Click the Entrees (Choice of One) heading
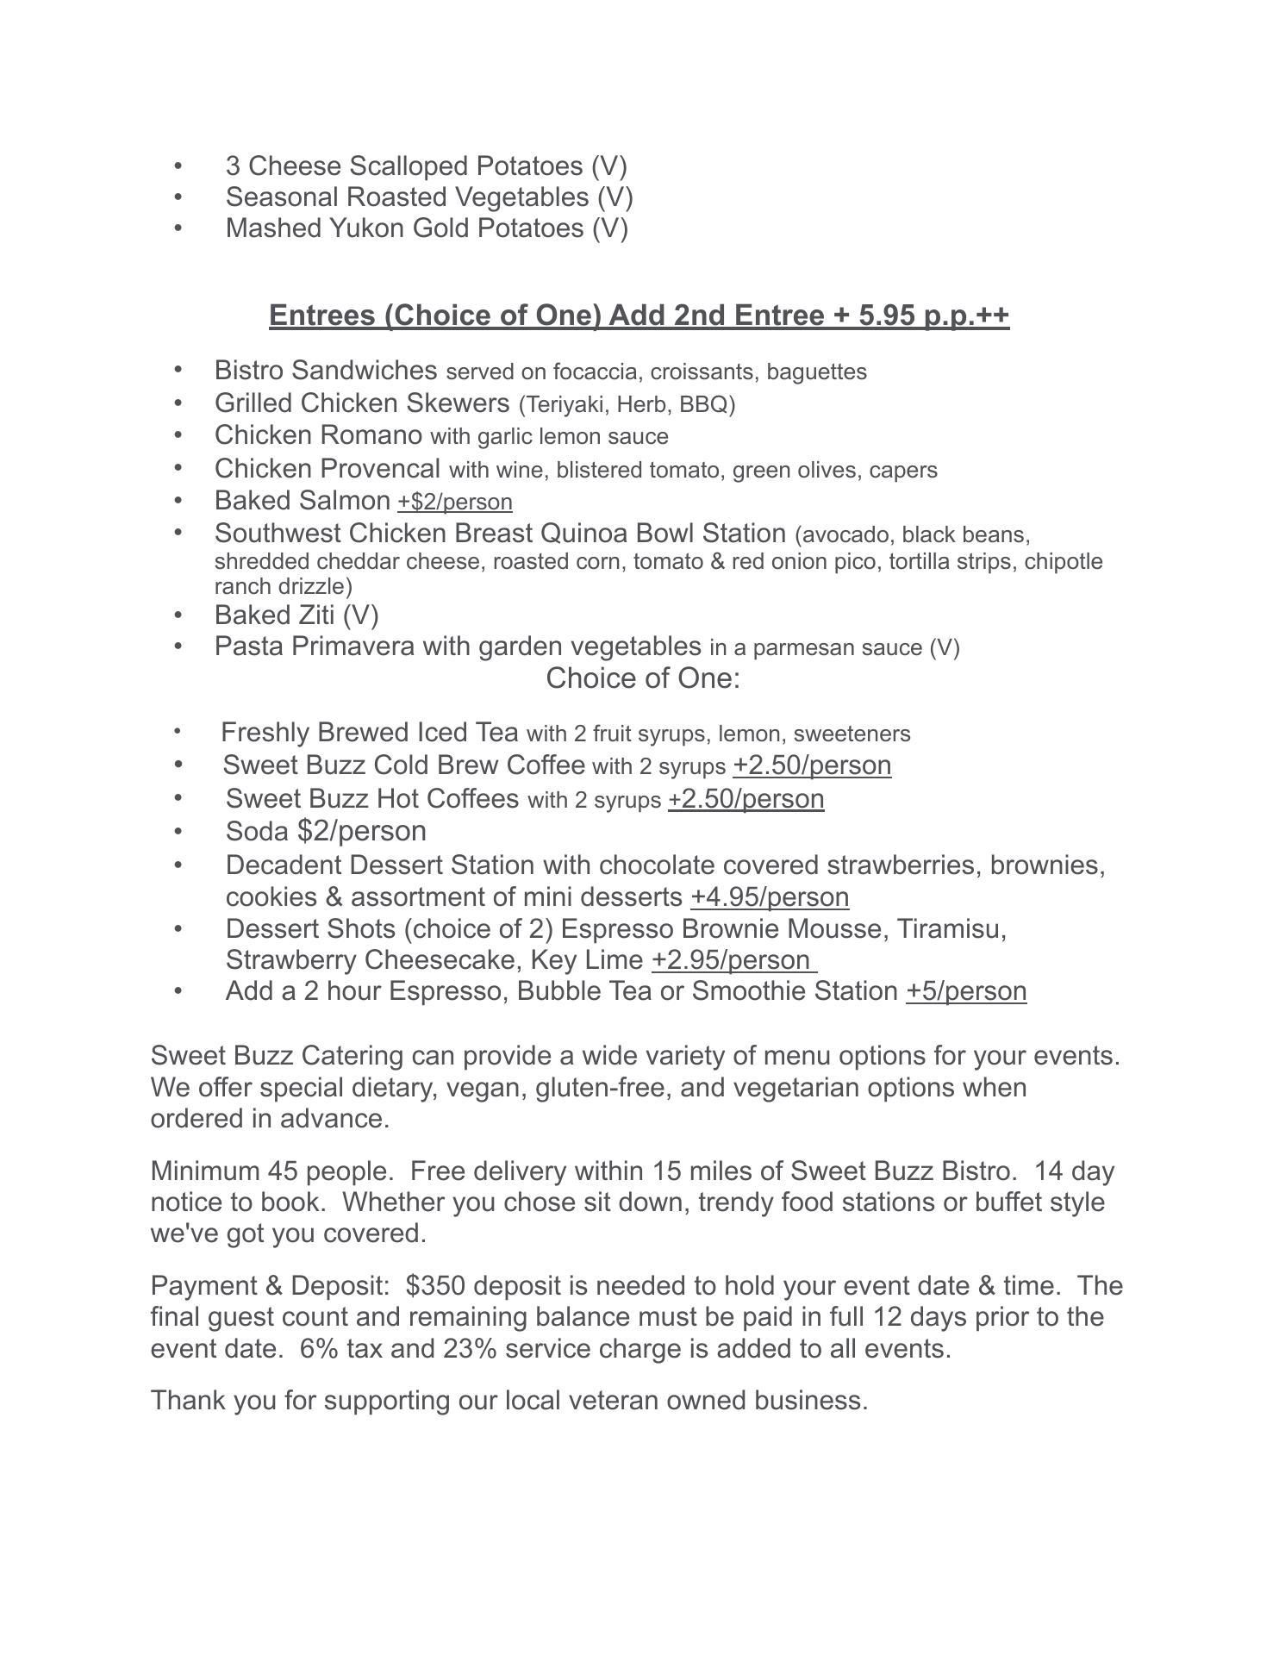(x=639, y=315)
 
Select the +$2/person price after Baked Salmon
(x=454, y=502)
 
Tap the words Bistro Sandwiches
(x=326, y=371)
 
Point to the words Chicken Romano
(x=318, y=435)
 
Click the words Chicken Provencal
(x=327, y=469)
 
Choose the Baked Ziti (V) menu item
(x=296, y=615)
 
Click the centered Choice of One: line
(x=643, y=678)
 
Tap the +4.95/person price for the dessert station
(x=770, y=897)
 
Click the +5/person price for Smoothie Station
(x=966, y=991)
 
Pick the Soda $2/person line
(x=326, y=831)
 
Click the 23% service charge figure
(x=470, y=1348)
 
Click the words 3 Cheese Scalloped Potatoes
(x=404, y=165)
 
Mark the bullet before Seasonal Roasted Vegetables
(x=178, y=197)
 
